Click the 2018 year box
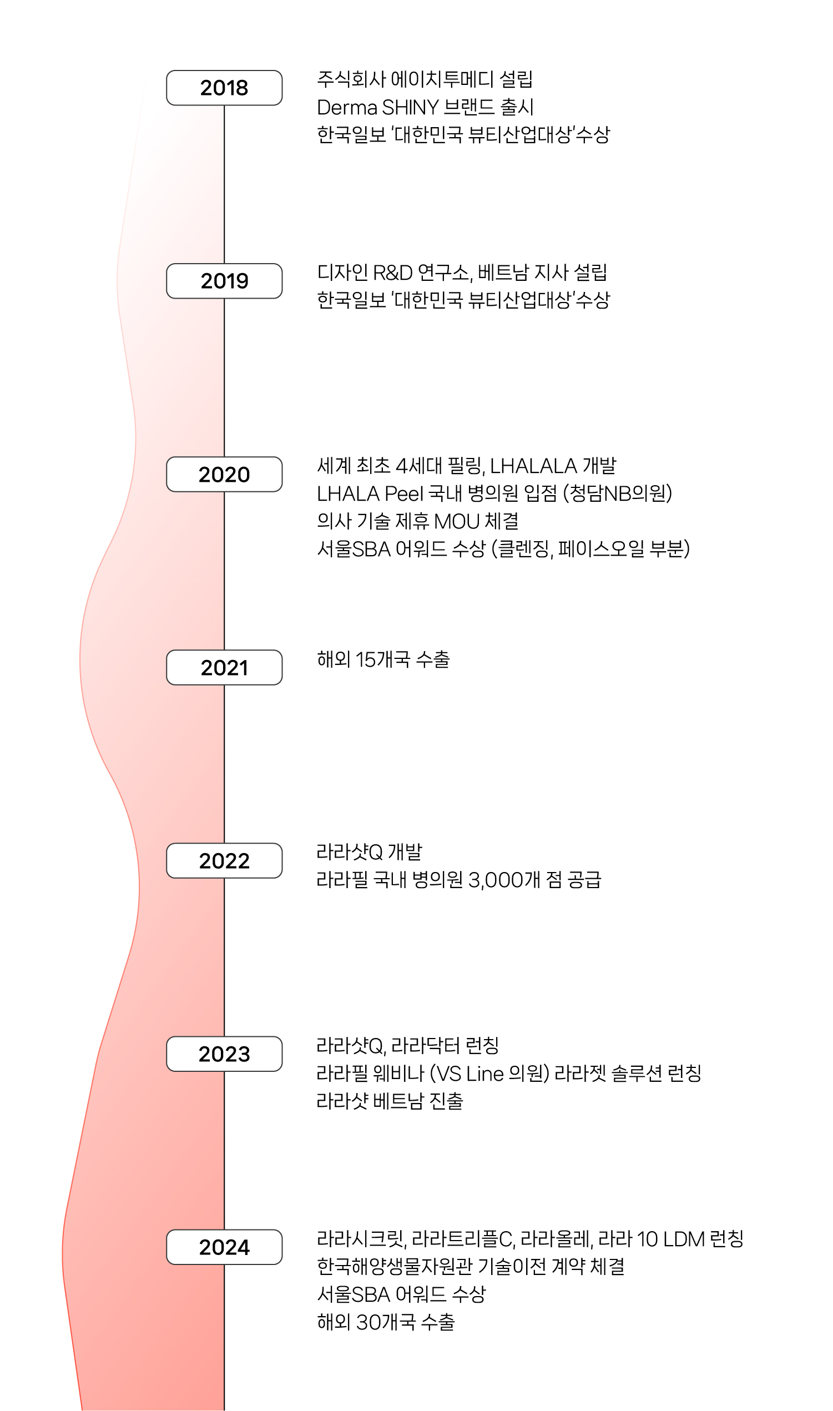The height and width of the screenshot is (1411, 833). (224, 88)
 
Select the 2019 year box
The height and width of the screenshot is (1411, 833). (224, 281)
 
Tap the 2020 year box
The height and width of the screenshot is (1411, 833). (224, 475)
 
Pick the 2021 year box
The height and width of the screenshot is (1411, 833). (224, 668)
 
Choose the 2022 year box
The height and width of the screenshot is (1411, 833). (224, 861)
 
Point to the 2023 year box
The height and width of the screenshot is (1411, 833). (224, 1054)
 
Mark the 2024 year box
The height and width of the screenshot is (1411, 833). (224, 1247)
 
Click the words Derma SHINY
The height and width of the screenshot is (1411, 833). (377, 107)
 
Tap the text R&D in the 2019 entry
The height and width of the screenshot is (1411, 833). (392, 273)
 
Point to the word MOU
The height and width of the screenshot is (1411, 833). (456, 521)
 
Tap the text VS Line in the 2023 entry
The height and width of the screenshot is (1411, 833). (469, 1074)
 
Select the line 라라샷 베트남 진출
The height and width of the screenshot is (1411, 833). (390, 1101)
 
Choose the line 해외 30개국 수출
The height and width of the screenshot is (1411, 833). (386, 1322)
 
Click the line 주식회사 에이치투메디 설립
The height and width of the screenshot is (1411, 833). (425, 79)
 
